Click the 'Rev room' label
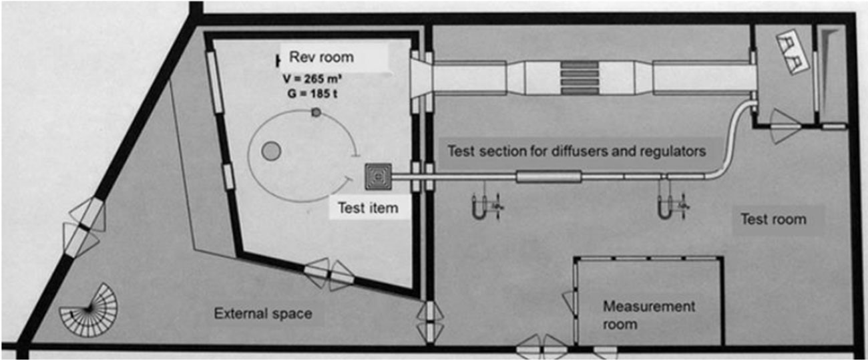tap(327, 57)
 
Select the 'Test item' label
tap(367, 208)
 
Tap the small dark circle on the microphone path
tap(316, 114)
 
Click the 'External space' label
tap(262, 313)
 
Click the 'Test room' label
tap(773, 218)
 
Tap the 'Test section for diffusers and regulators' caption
tap(576, 151)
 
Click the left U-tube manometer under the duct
tap(477, 207)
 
